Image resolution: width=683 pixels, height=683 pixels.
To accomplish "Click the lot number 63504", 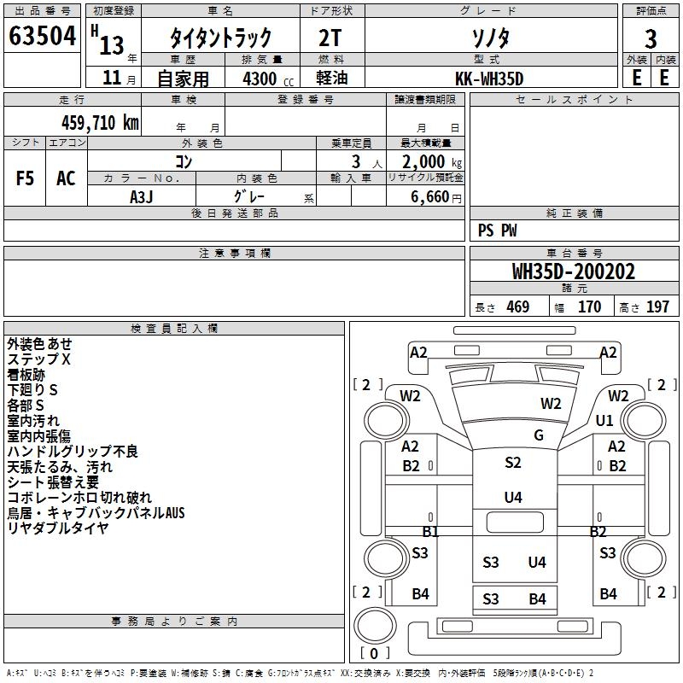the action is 42,36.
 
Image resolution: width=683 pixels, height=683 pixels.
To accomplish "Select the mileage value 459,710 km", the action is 100,123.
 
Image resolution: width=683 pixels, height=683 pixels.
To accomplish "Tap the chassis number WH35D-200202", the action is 574,271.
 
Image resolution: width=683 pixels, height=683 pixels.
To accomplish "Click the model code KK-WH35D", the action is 489,79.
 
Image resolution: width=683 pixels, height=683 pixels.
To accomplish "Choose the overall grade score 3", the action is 651,38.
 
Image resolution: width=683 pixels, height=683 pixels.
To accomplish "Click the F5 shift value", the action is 25,178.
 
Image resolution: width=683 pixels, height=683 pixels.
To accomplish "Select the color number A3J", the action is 142,197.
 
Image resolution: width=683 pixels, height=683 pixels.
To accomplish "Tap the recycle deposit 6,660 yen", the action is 436,197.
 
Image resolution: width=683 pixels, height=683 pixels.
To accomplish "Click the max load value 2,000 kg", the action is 432,162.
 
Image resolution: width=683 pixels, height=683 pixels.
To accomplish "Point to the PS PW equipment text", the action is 497,231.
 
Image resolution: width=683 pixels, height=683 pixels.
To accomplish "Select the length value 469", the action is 518,306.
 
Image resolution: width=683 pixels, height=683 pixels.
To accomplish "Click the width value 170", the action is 589,306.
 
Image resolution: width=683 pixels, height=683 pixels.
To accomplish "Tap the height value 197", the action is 657,306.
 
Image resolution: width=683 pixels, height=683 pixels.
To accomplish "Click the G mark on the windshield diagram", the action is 539,435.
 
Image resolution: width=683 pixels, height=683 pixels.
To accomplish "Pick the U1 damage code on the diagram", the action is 604,420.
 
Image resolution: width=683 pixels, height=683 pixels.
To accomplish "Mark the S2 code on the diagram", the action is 513,462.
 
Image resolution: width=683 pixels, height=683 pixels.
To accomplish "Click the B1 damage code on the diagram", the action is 430,531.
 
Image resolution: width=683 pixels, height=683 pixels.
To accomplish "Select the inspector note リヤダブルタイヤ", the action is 58,528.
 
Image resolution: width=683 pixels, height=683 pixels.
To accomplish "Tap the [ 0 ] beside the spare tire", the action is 374,653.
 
